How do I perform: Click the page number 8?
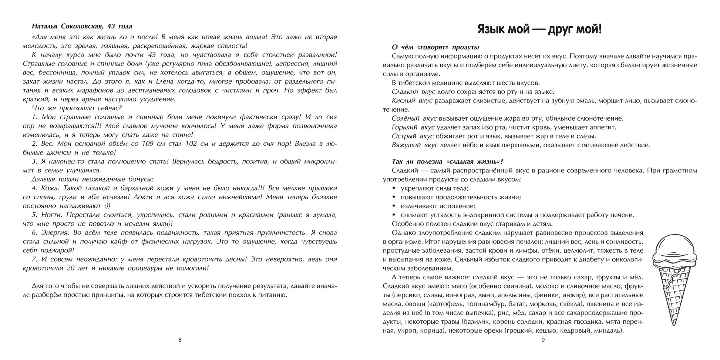click(180, 340)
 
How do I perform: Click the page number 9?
click(543, 340)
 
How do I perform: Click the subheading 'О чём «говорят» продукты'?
click(435, 47)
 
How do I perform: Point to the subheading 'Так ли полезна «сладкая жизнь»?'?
click(447, 161)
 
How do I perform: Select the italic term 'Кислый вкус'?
click(412, 101)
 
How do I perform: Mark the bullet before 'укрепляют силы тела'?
click(393, 188)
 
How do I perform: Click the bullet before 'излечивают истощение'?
click(393, 206)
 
